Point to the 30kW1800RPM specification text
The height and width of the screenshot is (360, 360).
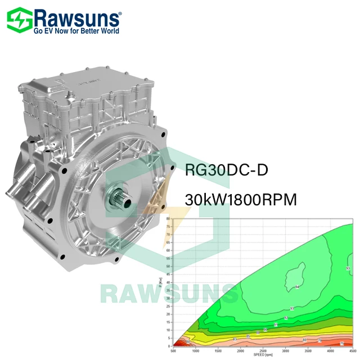click(241, 200)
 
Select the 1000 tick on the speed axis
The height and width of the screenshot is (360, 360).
click(195, 351)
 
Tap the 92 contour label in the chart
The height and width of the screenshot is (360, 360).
click(286, 318)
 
